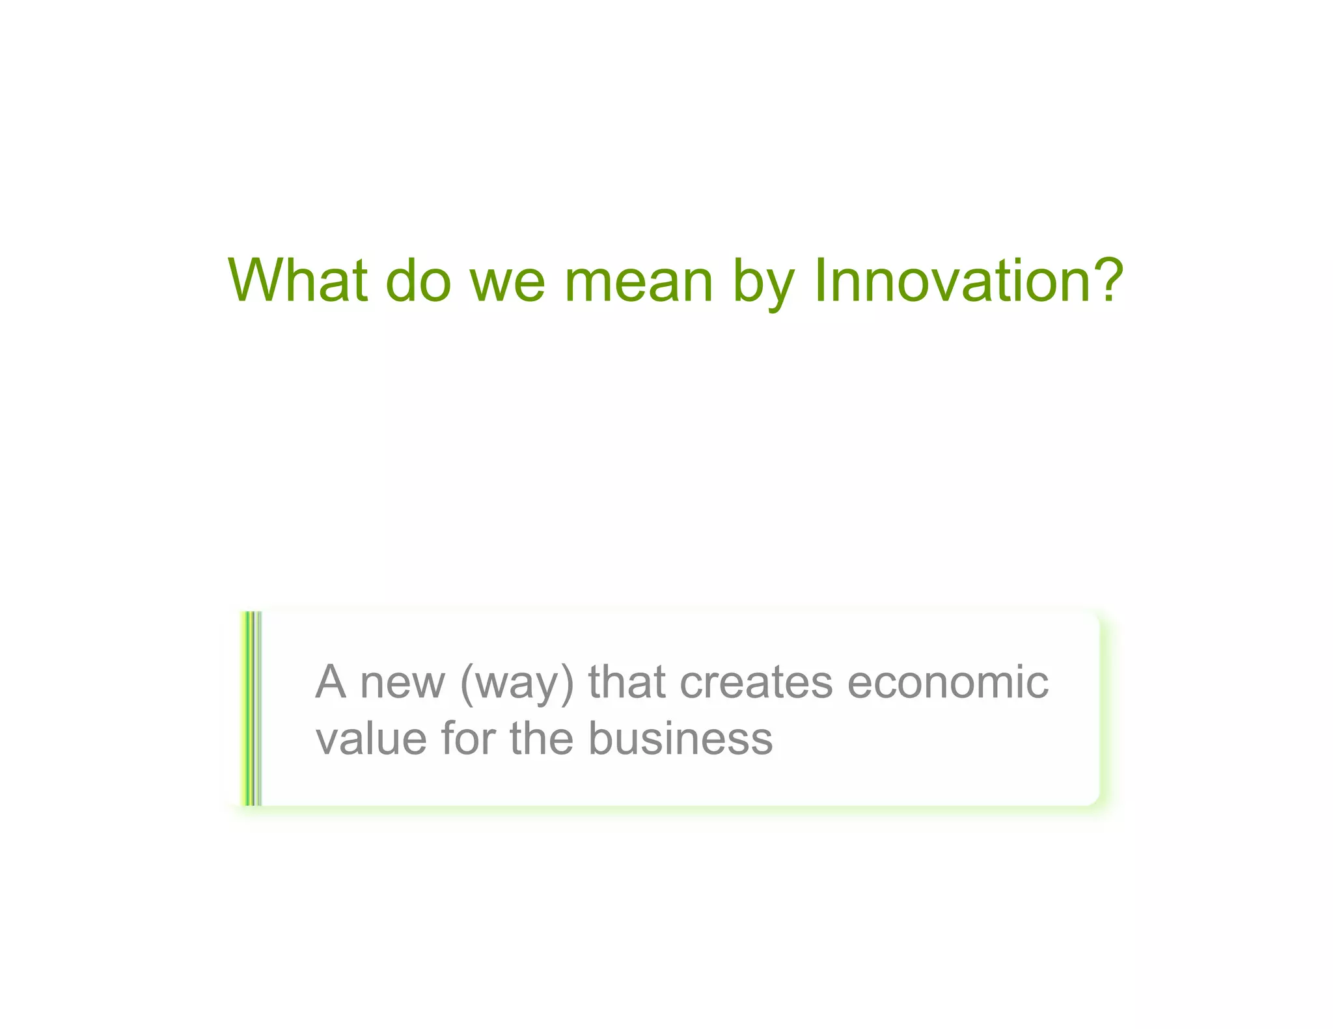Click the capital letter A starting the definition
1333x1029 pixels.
tap(330, 682)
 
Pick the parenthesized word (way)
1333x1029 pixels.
tap(517, 684)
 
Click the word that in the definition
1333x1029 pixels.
tap(627, 682)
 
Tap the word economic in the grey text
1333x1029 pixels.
tap(948, 682)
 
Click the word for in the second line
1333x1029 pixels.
tap(468, 739)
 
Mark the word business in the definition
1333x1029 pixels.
tap(680, 739)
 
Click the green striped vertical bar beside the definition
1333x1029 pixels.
tap(251, 708)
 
